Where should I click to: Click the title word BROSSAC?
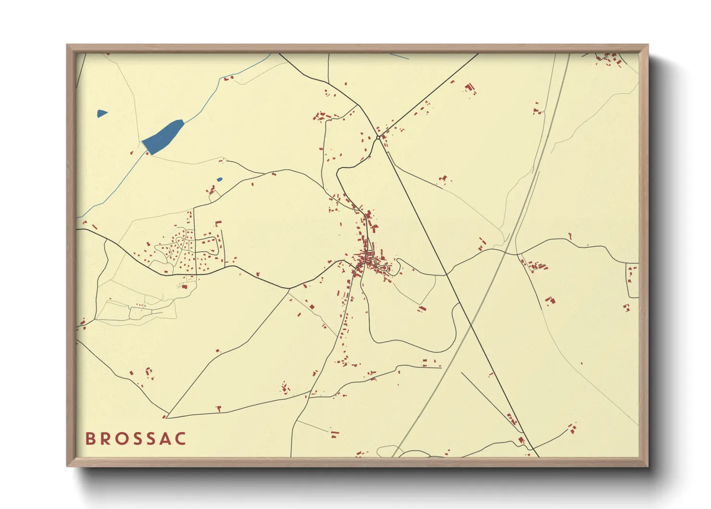pyautogui.click(x=136, y=439)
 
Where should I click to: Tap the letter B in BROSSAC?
pyautogui.click(x=90, y=439)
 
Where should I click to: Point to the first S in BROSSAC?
pyautogui.click(x=136, y=439)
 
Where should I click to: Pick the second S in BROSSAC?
pyautogui.click(x=151, y=439)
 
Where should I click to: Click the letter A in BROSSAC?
pyautogui.click(x=166, y=439)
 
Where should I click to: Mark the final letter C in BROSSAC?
pyautogui.click(x=181, y=439)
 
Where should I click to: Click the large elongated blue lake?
pyautogui.click(x=163, y=136)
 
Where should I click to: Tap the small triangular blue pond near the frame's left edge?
pyautogui.click(x=101, y=114)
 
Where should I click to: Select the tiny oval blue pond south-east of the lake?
pyautogui.click(x=220, y=180)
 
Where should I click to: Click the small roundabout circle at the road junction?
pyautogui.click(x=378, y=138)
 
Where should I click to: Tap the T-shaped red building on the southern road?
pyautogui.click(x=219, y=408)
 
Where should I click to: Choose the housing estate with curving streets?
pyautogui.click(x=187, y=250)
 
